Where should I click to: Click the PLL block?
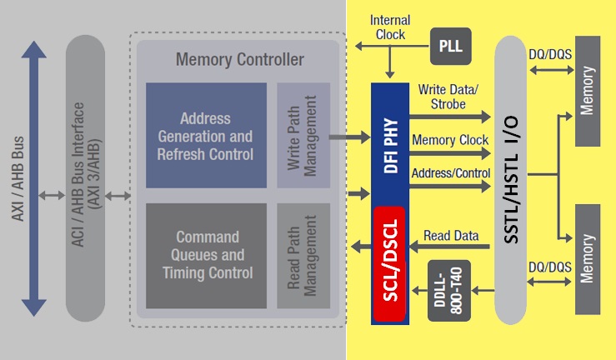(450, 46)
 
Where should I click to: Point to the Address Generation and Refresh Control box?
(204, 135)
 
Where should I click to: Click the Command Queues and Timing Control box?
(204, 255)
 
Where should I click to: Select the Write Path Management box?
(298, 135)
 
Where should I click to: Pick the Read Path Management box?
(298, 255)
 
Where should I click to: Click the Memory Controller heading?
(240, 60)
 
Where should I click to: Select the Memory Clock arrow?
(451, 154)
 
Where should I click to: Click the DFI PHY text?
(390, 142)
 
